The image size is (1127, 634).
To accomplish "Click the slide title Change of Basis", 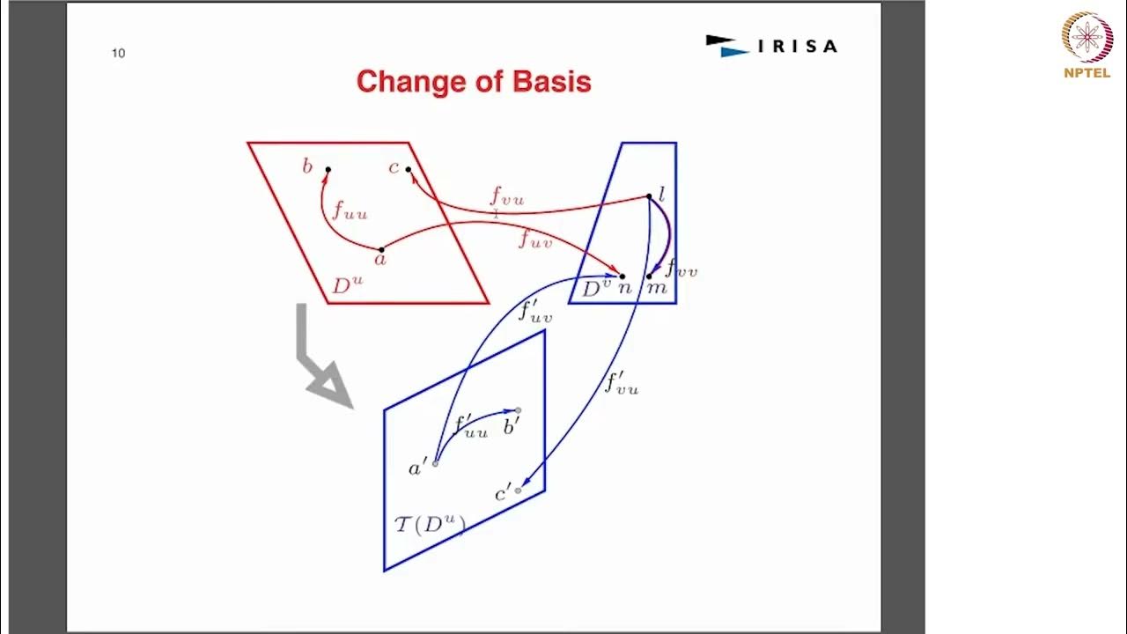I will coord(474,82).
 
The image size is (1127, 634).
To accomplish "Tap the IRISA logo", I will coord(771,46).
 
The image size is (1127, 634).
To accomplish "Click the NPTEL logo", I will coord(1087,45).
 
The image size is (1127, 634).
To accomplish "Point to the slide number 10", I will coord(118,53).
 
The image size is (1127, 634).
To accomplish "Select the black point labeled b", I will coord(328,169).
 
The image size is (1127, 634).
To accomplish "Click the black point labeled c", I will coord(408,169).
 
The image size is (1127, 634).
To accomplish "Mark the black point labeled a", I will coord(381,249).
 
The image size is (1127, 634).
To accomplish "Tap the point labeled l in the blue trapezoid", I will coord(649,196).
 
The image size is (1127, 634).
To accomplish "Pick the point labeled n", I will coord(622,276).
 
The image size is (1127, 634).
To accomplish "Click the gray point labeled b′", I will coord(518,410).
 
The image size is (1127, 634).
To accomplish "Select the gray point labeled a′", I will coord(435,463).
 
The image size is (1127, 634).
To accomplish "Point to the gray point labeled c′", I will coord(518,490).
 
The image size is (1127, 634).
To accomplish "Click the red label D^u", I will coord(347,285).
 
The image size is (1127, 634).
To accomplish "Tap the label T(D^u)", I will coord(429,525).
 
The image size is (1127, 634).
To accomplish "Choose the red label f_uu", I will coord(350,210).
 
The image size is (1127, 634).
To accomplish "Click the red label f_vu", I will coord(507,196).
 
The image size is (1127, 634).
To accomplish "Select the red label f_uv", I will coord(534,238).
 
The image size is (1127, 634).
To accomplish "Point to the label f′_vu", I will coord(621,383).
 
